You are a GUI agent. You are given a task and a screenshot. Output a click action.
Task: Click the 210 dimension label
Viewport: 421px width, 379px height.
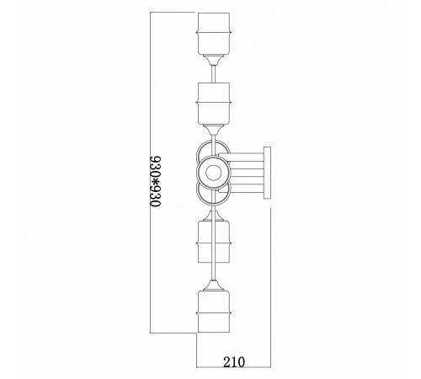point(234,362)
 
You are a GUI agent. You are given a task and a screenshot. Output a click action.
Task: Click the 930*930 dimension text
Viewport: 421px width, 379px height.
point(155,181)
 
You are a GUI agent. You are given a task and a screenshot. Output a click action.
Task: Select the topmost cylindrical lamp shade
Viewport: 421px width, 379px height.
point(214,34)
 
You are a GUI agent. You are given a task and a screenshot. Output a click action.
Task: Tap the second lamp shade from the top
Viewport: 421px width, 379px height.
point(214,104)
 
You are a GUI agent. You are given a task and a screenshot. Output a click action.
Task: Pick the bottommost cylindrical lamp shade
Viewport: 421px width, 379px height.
point(214,312)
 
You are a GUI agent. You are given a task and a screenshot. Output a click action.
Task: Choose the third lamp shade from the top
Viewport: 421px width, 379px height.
point(214,242)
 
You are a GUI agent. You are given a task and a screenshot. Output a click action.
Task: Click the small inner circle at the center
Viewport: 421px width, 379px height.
point(213,173)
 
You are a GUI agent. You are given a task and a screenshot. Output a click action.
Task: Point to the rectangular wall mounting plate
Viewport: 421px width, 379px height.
point(267,173)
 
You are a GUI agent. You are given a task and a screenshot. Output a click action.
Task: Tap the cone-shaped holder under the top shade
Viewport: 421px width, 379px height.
point(214,60)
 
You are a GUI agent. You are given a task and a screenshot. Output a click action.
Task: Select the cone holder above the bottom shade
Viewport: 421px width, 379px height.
point(214,286)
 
